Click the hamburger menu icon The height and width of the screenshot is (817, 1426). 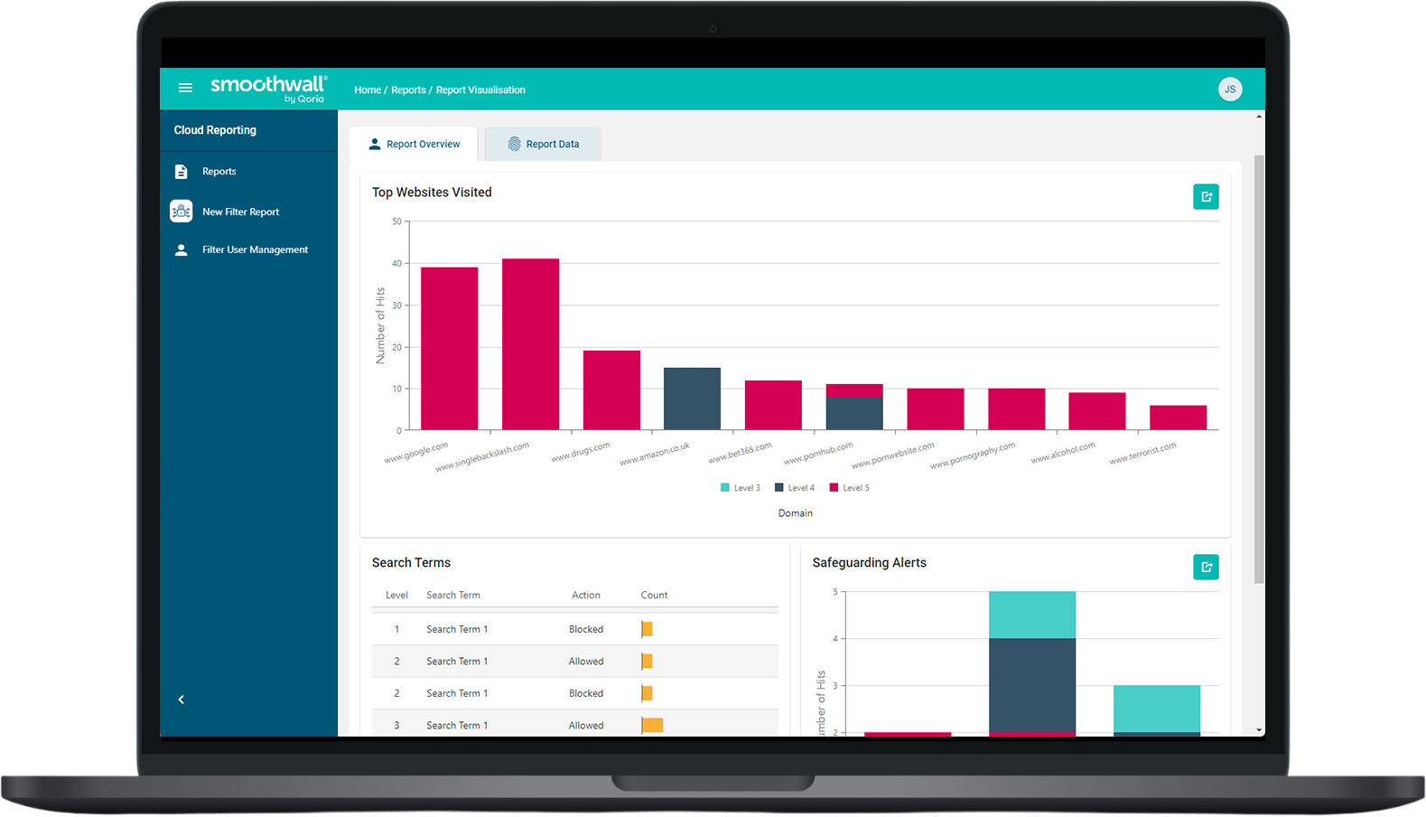point(185,88)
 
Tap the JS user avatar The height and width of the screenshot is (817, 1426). point(1229,89)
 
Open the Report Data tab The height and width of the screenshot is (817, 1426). point(543,144)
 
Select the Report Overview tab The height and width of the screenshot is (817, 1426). point(414,144)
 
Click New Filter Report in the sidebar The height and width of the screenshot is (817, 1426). point(240,211)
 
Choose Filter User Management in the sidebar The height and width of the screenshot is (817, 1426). point(255,249)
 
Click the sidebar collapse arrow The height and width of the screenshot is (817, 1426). point(182,700)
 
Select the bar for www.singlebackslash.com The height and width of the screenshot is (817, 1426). point(530,344)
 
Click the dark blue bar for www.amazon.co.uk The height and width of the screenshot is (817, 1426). point(692,399)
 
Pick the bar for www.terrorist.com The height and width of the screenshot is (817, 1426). point(1178,418)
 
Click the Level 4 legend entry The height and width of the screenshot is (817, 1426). point(795,488)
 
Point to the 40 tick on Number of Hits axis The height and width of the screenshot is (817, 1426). point(397,264)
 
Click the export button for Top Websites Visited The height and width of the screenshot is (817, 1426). point(1206,197)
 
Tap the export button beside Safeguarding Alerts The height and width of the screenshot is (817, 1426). point(1206,567)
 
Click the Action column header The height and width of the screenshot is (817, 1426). point(585,595)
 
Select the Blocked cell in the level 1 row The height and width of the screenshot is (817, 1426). point(585,629)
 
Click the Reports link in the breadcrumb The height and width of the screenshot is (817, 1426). point(408,89)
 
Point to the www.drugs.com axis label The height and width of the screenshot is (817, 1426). point(581,452)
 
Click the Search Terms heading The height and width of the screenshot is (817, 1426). point(411,562)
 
